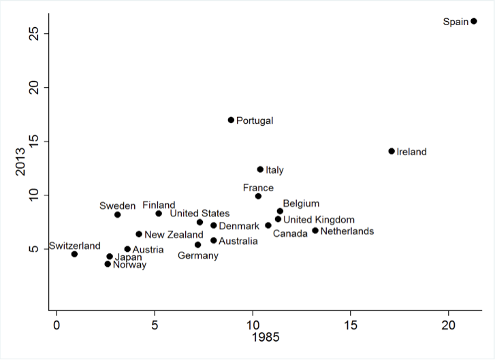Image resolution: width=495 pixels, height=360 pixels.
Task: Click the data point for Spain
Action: click(474, 21)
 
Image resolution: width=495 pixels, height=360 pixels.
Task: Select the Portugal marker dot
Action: click(231, 120)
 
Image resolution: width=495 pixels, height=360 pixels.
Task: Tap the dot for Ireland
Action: click(392, 151)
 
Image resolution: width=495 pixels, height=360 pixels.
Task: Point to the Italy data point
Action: click(260, 169)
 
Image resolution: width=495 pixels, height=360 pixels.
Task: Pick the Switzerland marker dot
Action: click(74, 254)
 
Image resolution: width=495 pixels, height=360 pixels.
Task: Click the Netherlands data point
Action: click(315, 231)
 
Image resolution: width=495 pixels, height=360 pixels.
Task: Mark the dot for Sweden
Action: click(117, 214)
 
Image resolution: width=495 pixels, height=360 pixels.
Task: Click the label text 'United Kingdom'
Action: click(319, 220)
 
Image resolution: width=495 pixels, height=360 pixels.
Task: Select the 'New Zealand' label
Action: click(174, 235)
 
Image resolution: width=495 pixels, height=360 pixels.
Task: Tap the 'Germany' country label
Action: click(198, 256)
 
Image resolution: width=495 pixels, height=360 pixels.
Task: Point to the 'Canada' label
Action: click(291, 234)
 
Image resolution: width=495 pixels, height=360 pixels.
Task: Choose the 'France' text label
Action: click(258, 188)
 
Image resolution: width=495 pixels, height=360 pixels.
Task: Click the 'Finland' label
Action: click(159, 206)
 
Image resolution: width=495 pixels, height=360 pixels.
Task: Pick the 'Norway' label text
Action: click(129, 265)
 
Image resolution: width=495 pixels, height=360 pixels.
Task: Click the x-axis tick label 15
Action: click(351, 325)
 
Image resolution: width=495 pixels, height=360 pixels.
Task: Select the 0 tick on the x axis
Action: click(57, 325)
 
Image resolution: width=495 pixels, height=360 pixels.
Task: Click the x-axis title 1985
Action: click(266, 338)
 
